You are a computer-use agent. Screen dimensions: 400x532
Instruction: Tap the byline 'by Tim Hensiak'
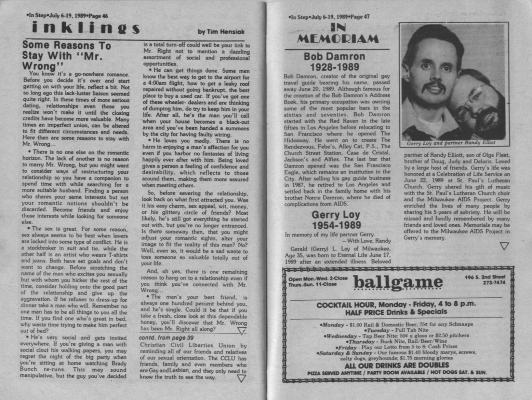tap(221, 32)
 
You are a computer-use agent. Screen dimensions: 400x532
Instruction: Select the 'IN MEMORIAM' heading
tap(337, 34)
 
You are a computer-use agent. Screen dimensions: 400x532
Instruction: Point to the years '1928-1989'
tap(334, 67)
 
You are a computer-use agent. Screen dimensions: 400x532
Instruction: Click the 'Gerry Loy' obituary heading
tap(335, 215)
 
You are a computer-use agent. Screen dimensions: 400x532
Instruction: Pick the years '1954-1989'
tap(336, 225)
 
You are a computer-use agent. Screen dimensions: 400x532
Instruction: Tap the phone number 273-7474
tap(494, 283)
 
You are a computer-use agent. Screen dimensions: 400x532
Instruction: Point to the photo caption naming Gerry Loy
tap(451, 143)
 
